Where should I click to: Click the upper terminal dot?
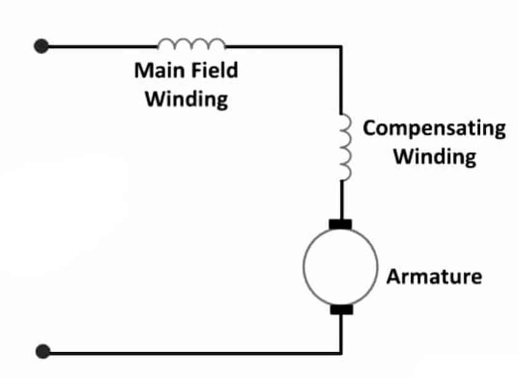41,46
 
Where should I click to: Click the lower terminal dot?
42,352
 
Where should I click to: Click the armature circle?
340,266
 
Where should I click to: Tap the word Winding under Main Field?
186,99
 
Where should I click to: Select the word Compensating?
434,129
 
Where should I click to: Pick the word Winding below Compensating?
435,156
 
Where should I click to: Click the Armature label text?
434,276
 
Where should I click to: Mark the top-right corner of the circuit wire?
340,47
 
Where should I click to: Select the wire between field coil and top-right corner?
284,46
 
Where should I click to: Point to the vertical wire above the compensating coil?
340,80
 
